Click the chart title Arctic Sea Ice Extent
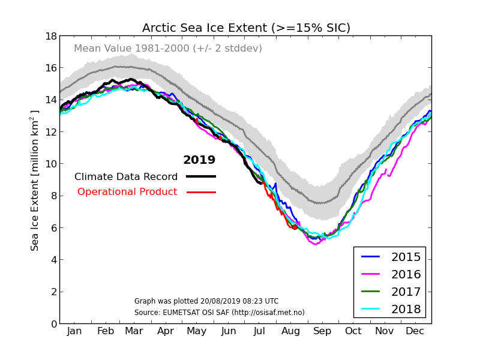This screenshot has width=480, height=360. (246, 28)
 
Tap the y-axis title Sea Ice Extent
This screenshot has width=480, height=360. (35, 180)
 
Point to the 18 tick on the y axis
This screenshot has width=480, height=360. (51, 36)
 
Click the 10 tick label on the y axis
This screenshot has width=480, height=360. (51, 164)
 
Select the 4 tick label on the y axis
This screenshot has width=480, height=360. (54, 260)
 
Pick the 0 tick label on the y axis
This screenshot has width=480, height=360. (54, 324)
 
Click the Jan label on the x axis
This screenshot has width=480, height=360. (74, 331)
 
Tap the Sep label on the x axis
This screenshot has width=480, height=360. (322, 331)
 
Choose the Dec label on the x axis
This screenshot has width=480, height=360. (415, 331)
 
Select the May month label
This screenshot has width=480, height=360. (197, 331)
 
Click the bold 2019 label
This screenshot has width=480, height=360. (199, 160)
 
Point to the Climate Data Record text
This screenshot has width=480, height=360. (126, 177)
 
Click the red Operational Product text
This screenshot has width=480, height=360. (127, 192)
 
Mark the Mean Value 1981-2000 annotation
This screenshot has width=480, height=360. (168, 49)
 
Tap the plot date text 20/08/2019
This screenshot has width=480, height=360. (206, 301)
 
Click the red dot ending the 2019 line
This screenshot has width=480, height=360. (295, 227)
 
